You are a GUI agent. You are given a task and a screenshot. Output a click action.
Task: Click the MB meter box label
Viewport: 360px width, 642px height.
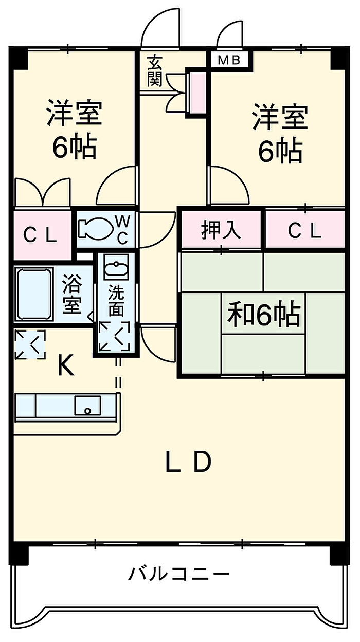click(229, 60)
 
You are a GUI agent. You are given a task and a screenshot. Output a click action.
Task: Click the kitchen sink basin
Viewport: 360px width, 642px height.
click(87, 405)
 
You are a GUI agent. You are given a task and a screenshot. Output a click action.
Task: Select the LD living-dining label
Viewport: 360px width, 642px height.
click(188, 462)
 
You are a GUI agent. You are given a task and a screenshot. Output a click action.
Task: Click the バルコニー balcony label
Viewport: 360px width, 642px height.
click(179, 573)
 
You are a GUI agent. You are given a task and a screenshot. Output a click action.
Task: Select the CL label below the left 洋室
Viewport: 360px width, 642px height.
click(40, 235)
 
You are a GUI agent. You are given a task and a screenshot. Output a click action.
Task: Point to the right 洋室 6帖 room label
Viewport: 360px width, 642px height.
click(280, 133)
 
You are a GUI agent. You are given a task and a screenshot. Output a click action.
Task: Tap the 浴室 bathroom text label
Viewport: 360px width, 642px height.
click(71, 294)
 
